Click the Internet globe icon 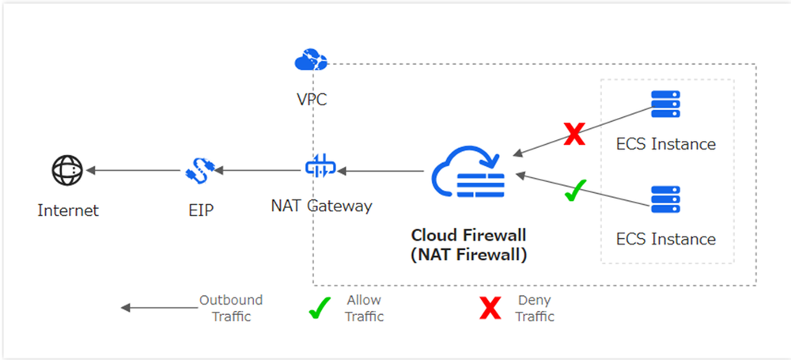(67, 170)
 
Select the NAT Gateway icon (320, 169)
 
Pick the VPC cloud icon (309, 59)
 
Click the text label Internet (68, 210)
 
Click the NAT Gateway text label (321, 207)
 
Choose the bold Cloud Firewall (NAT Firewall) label (468, 245)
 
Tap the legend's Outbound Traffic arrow (158, 309)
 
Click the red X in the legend (490, 309)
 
